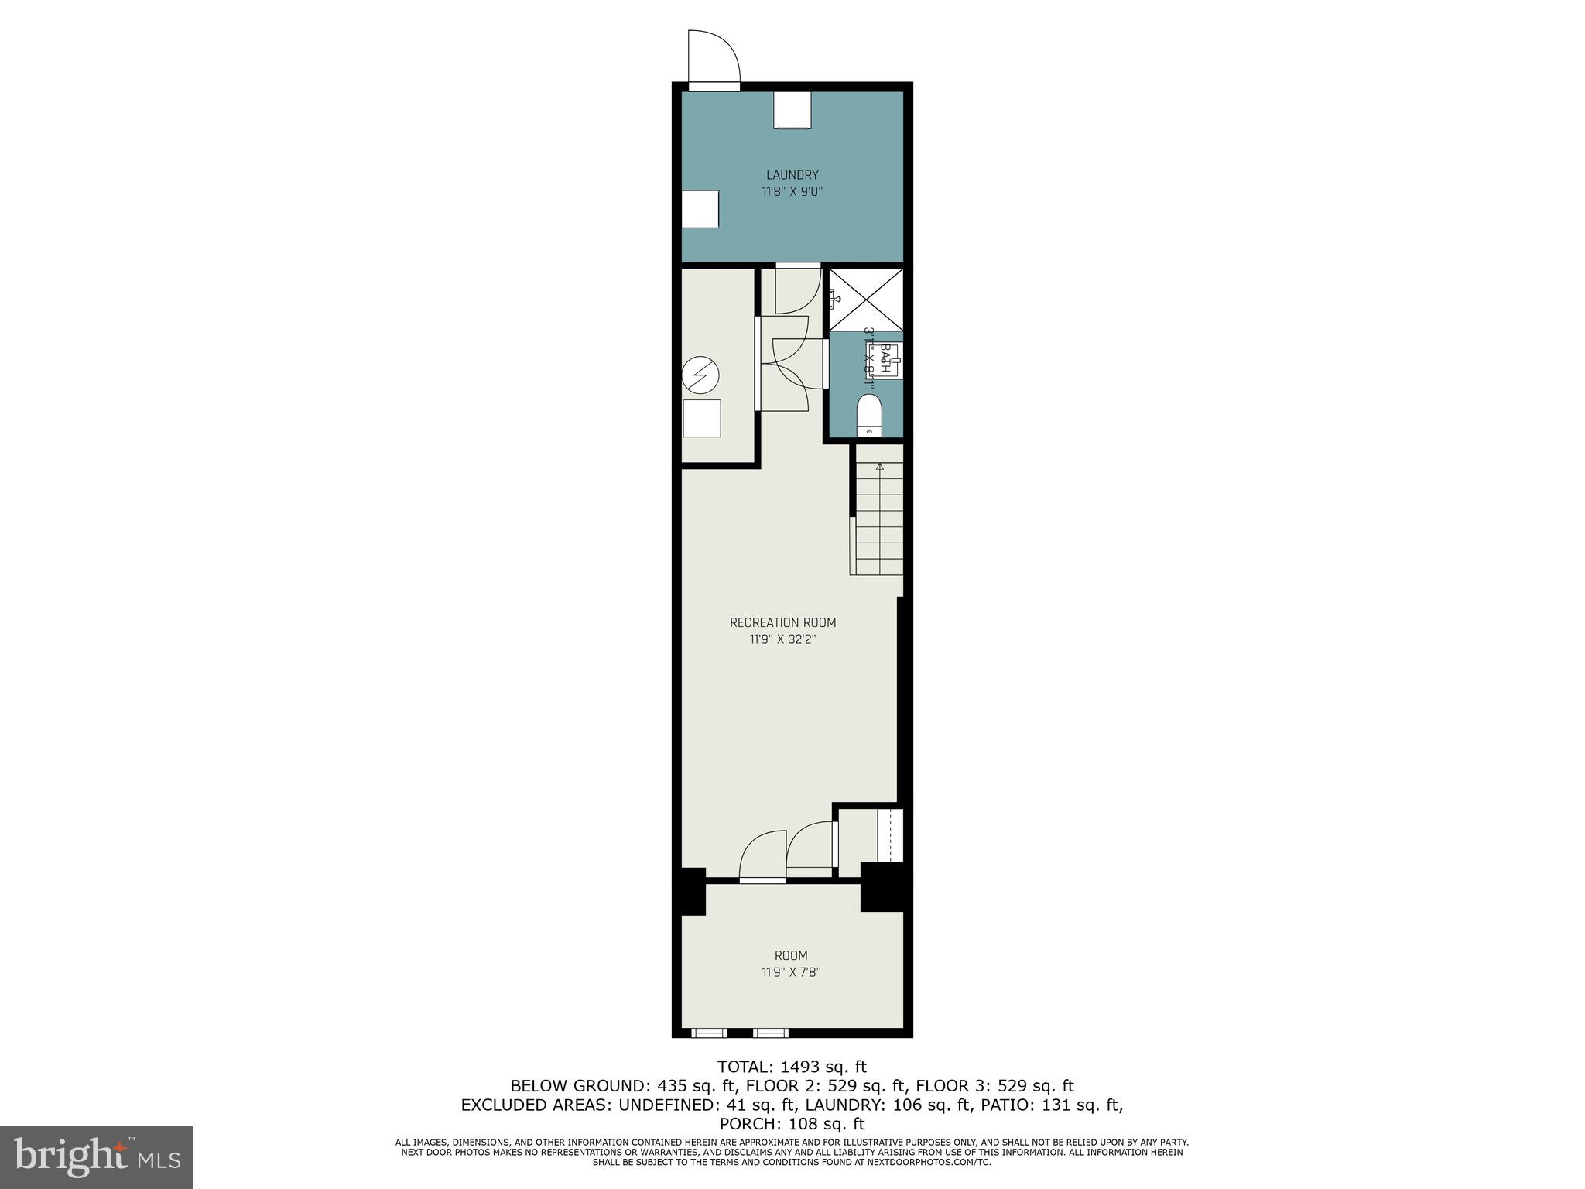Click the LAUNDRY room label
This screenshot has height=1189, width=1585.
[792, 175]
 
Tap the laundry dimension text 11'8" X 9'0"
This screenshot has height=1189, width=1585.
[792, 192]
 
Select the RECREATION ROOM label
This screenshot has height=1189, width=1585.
[782, 622]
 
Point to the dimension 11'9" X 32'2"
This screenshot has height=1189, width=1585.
[782, 639]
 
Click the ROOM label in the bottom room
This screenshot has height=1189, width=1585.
[791, 955]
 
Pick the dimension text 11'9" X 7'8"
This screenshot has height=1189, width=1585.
[791, 972]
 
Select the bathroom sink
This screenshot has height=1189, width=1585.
[889, 361]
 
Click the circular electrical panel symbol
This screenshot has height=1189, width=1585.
[700, 377]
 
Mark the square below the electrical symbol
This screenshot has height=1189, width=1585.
[701, 418]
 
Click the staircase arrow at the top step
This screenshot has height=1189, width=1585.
[879, 467]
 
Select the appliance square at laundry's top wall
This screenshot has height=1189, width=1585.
[792, 110]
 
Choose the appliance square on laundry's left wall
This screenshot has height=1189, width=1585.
[700, 209]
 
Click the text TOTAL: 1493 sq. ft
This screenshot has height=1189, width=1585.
[792, 1067]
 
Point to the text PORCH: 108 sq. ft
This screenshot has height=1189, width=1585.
[792, 1123]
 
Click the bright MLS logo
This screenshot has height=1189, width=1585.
[97, 1156]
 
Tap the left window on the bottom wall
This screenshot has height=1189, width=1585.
[709, 1032]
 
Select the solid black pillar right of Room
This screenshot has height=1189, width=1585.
[882, 886]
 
